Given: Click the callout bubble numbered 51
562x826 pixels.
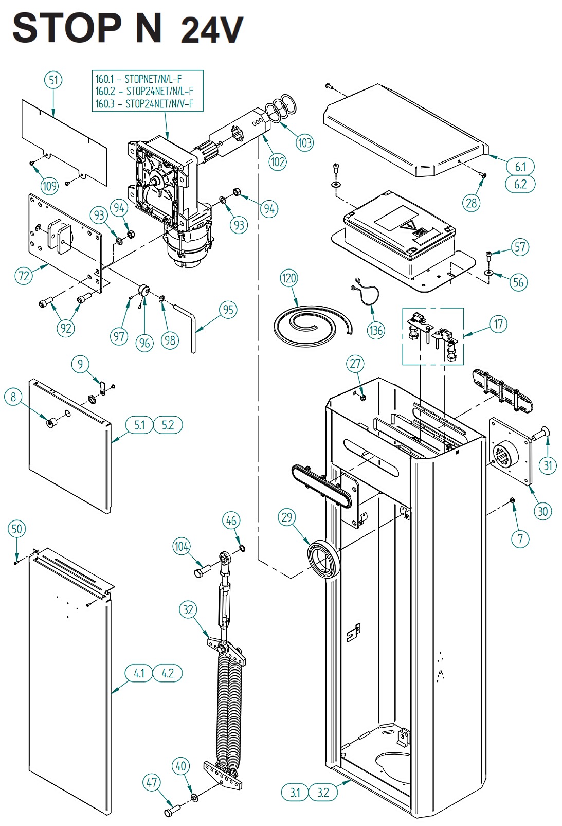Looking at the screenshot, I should pos(53,80).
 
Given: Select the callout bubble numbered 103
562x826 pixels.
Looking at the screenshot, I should pos(304,142).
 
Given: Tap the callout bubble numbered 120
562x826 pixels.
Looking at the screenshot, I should pos(288,278).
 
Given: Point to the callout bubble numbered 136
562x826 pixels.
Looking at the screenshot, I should pos(376,330).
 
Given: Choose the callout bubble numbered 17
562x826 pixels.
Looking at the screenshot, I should pos(498,324).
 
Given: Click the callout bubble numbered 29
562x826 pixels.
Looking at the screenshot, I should pos(287,517).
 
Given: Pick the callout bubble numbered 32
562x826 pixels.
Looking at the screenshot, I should pos(188,610).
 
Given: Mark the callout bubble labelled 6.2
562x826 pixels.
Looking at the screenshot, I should pos(520,184).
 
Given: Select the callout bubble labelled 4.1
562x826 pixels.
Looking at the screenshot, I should pos(139,673).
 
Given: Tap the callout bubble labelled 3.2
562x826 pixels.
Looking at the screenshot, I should pos(323,792).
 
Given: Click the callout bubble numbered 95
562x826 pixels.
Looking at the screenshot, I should pos(228,310).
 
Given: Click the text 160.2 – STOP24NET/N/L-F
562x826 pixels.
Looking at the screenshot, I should pos(144,91).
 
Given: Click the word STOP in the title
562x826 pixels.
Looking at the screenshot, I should pos(67,29).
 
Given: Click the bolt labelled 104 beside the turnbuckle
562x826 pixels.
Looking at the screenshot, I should pos(203,571).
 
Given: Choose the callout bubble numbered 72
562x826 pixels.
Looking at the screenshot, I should pos(24,276).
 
